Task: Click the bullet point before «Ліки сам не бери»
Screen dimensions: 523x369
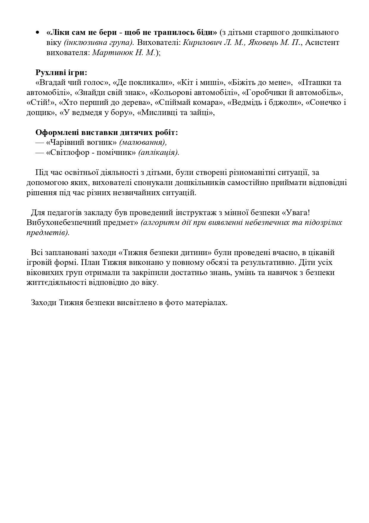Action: click(x=38, y=32)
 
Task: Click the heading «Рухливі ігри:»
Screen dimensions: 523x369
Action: click(x=61, y=73)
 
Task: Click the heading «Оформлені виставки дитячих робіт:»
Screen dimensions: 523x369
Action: click(x=107, y=133)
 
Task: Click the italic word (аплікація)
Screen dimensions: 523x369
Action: click(x=159, y=153)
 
